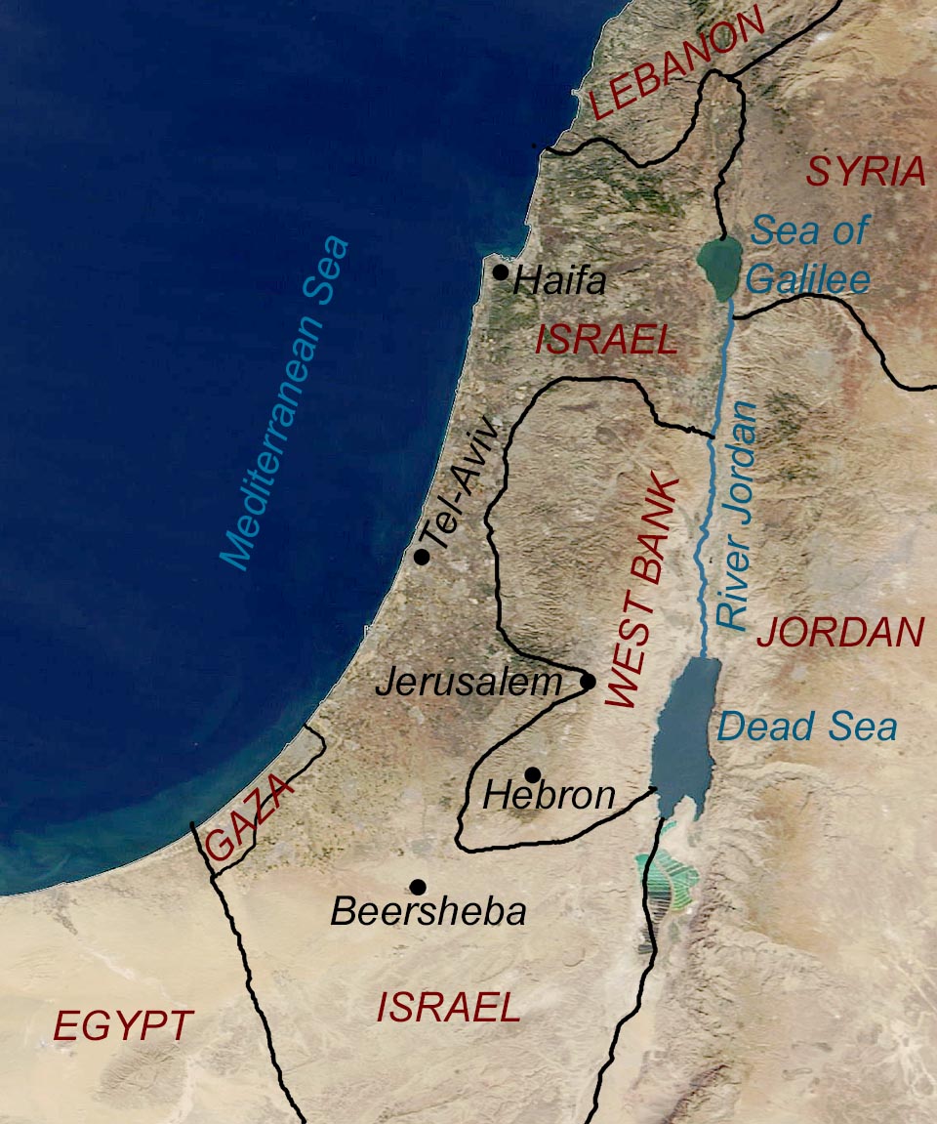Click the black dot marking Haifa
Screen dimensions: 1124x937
point(501,272)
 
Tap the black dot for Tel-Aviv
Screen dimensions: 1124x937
point(422,557)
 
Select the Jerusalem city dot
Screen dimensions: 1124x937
point(588,681)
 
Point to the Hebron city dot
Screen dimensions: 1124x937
point(532,774)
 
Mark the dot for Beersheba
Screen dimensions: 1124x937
point(418,887)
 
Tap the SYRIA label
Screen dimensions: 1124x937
point(866,173)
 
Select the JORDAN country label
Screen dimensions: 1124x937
point(840,634)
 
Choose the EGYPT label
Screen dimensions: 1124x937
point(123,1026)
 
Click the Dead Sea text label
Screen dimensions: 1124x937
point(806,727)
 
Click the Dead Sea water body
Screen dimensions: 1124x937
point(683,728)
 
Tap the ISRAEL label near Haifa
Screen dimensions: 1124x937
point(605,340)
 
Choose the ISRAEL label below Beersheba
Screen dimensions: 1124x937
point(448,1008)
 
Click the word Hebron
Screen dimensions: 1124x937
point(550,797)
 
